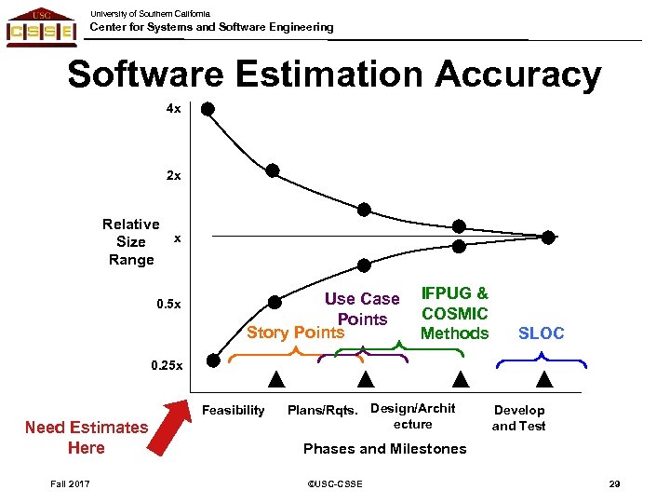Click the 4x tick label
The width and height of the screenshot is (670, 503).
tap(173, 109)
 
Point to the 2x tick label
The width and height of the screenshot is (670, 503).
tap(173, 175)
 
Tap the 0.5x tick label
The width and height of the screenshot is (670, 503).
tap(167, 305)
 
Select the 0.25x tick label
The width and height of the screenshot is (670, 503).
tap(167, 366)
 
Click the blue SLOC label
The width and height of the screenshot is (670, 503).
tap(541, 333)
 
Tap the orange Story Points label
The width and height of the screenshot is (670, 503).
tap(295, 333)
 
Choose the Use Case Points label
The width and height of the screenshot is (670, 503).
tap(362, 309)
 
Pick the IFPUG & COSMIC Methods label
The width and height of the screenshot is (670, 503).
tap(455, 313)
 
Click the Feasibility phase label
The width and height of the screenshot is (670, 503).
tap(233, 410)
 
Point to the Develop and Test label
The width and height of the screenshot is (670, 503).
tap(518, 417)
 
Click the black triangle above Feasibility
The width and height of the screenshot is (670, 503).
tap(275, 379)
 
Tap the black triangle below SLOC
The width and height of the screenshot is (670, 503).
tap(545, 379)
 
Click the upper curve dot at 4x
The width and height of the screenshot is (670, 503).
tap(208, 109)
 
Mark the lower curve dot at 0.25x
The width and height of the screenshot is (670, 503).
tap(213, 360)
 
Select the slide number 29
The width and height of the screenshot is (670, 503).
tap(614, 483)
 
